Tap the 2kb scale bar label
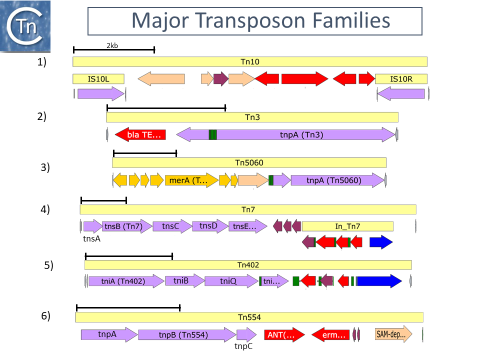pyautogui.click(x=112, y=45)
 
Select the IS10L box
pyautogui.click(x=98, y=78)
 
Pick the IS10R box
pyautogui.click(x=401, y=78)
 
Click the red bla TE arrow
pyautogui.click(x=140, y=134)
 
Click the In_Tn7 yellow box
pyautogui.click(x=347, y=226)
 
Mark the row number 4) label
pyautogui.click(x=45, y=209)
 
